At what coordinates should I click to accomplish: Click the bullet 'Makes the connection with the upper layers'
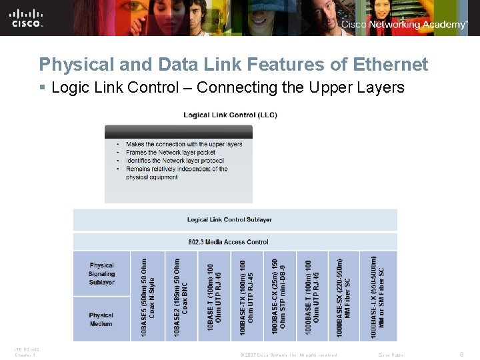183,144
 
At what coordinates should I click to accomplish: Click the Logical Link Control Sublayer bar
229,219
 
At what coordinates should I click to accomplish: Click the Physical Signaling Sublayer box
101,273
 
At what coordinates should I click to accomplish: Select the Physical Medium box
101,319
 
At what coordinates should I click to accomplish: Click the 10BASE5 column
148,296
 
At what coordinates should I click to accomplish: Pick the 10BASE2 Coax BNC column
181,296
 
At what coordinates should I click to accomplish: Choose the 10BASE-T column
214,296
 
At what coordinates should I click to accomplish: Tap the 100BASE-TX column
247,296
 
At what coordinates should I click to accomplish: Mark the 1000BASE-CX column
279,296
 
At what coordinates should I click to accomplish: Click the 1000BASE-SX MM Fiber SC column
344,296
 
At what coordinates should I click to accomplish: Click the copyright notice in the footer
289,355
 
